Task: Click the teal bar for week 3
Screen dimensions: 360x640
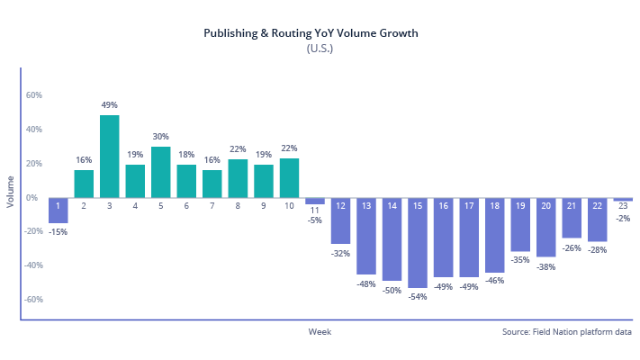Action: (x=110, y=157)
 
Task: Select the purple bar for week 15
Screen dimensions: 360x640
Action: (x=418, y=242)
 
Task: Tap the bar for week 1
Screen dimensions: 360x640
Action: (x=58, y=210)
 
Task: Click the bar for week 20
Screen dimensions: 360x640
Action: (x=545, y=227)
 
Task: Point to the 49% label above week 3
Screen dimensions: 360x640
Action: (x=110, y=105)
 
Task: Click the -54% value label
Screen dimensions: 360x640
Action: (x=418, y=297)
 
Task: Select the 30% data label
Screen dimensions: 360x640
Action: (x=161, y=137)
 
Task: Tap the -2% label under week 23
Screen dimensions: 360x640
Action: (x=623, y=218)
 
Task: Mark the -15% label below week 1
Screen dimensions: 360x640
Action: (x=58, y=231)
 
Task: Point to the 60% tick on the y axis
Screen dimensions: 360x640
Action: (x=34, y=94)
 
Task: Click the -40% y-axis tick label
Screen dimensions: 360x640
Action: (x=32, y=265)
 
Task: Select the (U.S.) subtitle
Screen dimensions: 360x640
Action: (x=320, y=49)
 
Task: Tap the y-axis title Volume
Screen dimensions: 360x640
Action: (x=11, y=192)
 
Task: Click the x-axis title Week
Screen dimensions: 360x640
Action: (x=320, y=332)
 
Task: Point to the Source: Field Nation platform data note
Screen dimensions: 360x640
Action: (x=567, y=332)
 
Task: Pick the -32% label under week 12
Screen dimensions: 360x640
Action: (x=340, y=253)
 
